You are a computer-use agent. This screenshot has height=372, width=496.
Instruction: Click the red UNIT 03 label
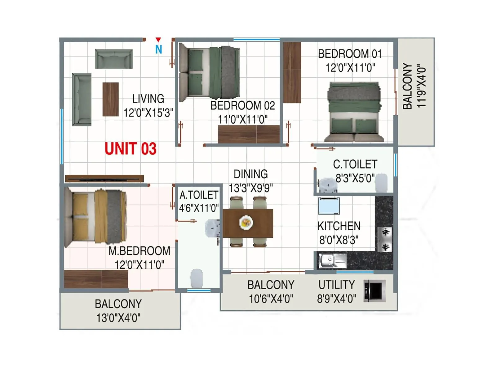pos(131,149)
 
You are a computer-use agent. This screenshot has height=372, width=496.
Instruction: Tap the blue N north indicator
pos(159,49)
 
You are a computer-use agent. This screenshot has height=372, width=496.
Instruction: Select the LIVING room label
pos(148,99)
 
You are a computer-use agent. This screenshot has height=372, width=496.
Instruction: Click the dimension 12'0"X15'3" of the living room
pos(148,113)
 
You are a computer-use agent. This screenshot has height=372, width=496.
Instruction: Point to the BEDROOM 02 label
pos(242,106)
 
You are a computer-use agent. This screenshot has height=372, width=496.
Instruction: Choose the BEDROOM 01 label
pos(350,54)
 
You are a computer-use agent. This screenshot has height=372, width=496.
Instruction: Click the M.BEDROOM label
pos(139,251)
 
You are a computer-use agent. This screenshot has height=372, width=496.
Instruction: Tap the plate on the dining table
pos(246,222)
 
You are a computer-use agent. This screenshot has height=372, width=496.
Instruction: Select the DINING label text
pos(250,174)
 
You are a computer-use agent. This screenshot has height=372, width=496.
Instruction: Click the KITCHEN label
pos(339,226)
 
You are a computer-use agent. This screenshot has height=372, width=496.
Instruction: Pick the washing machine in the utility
pos(375,290)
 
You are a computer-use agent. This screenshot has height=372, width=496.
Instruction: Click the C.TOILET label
pos(355,164)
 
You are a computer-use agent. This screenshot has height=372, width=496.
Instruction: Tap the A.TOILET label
pos(199,195)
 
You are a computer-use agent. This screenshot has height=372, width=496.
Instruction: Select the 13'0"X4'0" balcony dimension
pos(118,318)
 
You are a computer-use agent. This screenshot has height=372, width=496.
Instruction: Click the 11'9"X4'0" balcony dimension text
pos(421,86)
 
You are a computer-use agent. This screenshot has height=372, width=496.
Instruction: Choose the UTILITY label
pos(337,285)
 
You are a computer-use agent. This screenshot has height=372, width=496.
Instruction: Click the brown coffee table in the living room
pos(111,99)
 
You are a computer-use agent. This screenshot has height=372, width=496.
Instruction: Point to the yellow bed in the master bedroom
pos(96,216)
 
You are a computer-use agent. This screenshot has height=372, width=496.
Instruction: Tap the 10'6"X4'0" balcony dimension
pos(271,299)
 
